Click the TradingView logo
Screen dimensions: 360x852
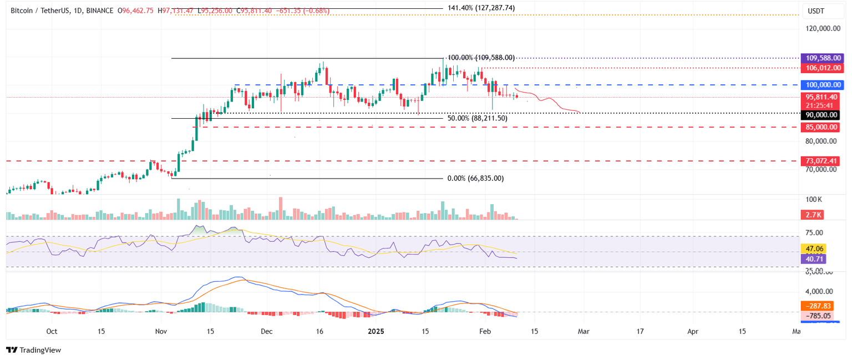[x=33, y=350]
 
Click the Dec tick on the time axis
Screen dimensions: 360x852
[x=267, y=331]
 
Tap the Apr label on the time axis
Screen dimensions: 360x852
[x=693, y=331]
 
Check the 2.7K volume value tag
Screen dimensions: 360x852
[x=813, y=214]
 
